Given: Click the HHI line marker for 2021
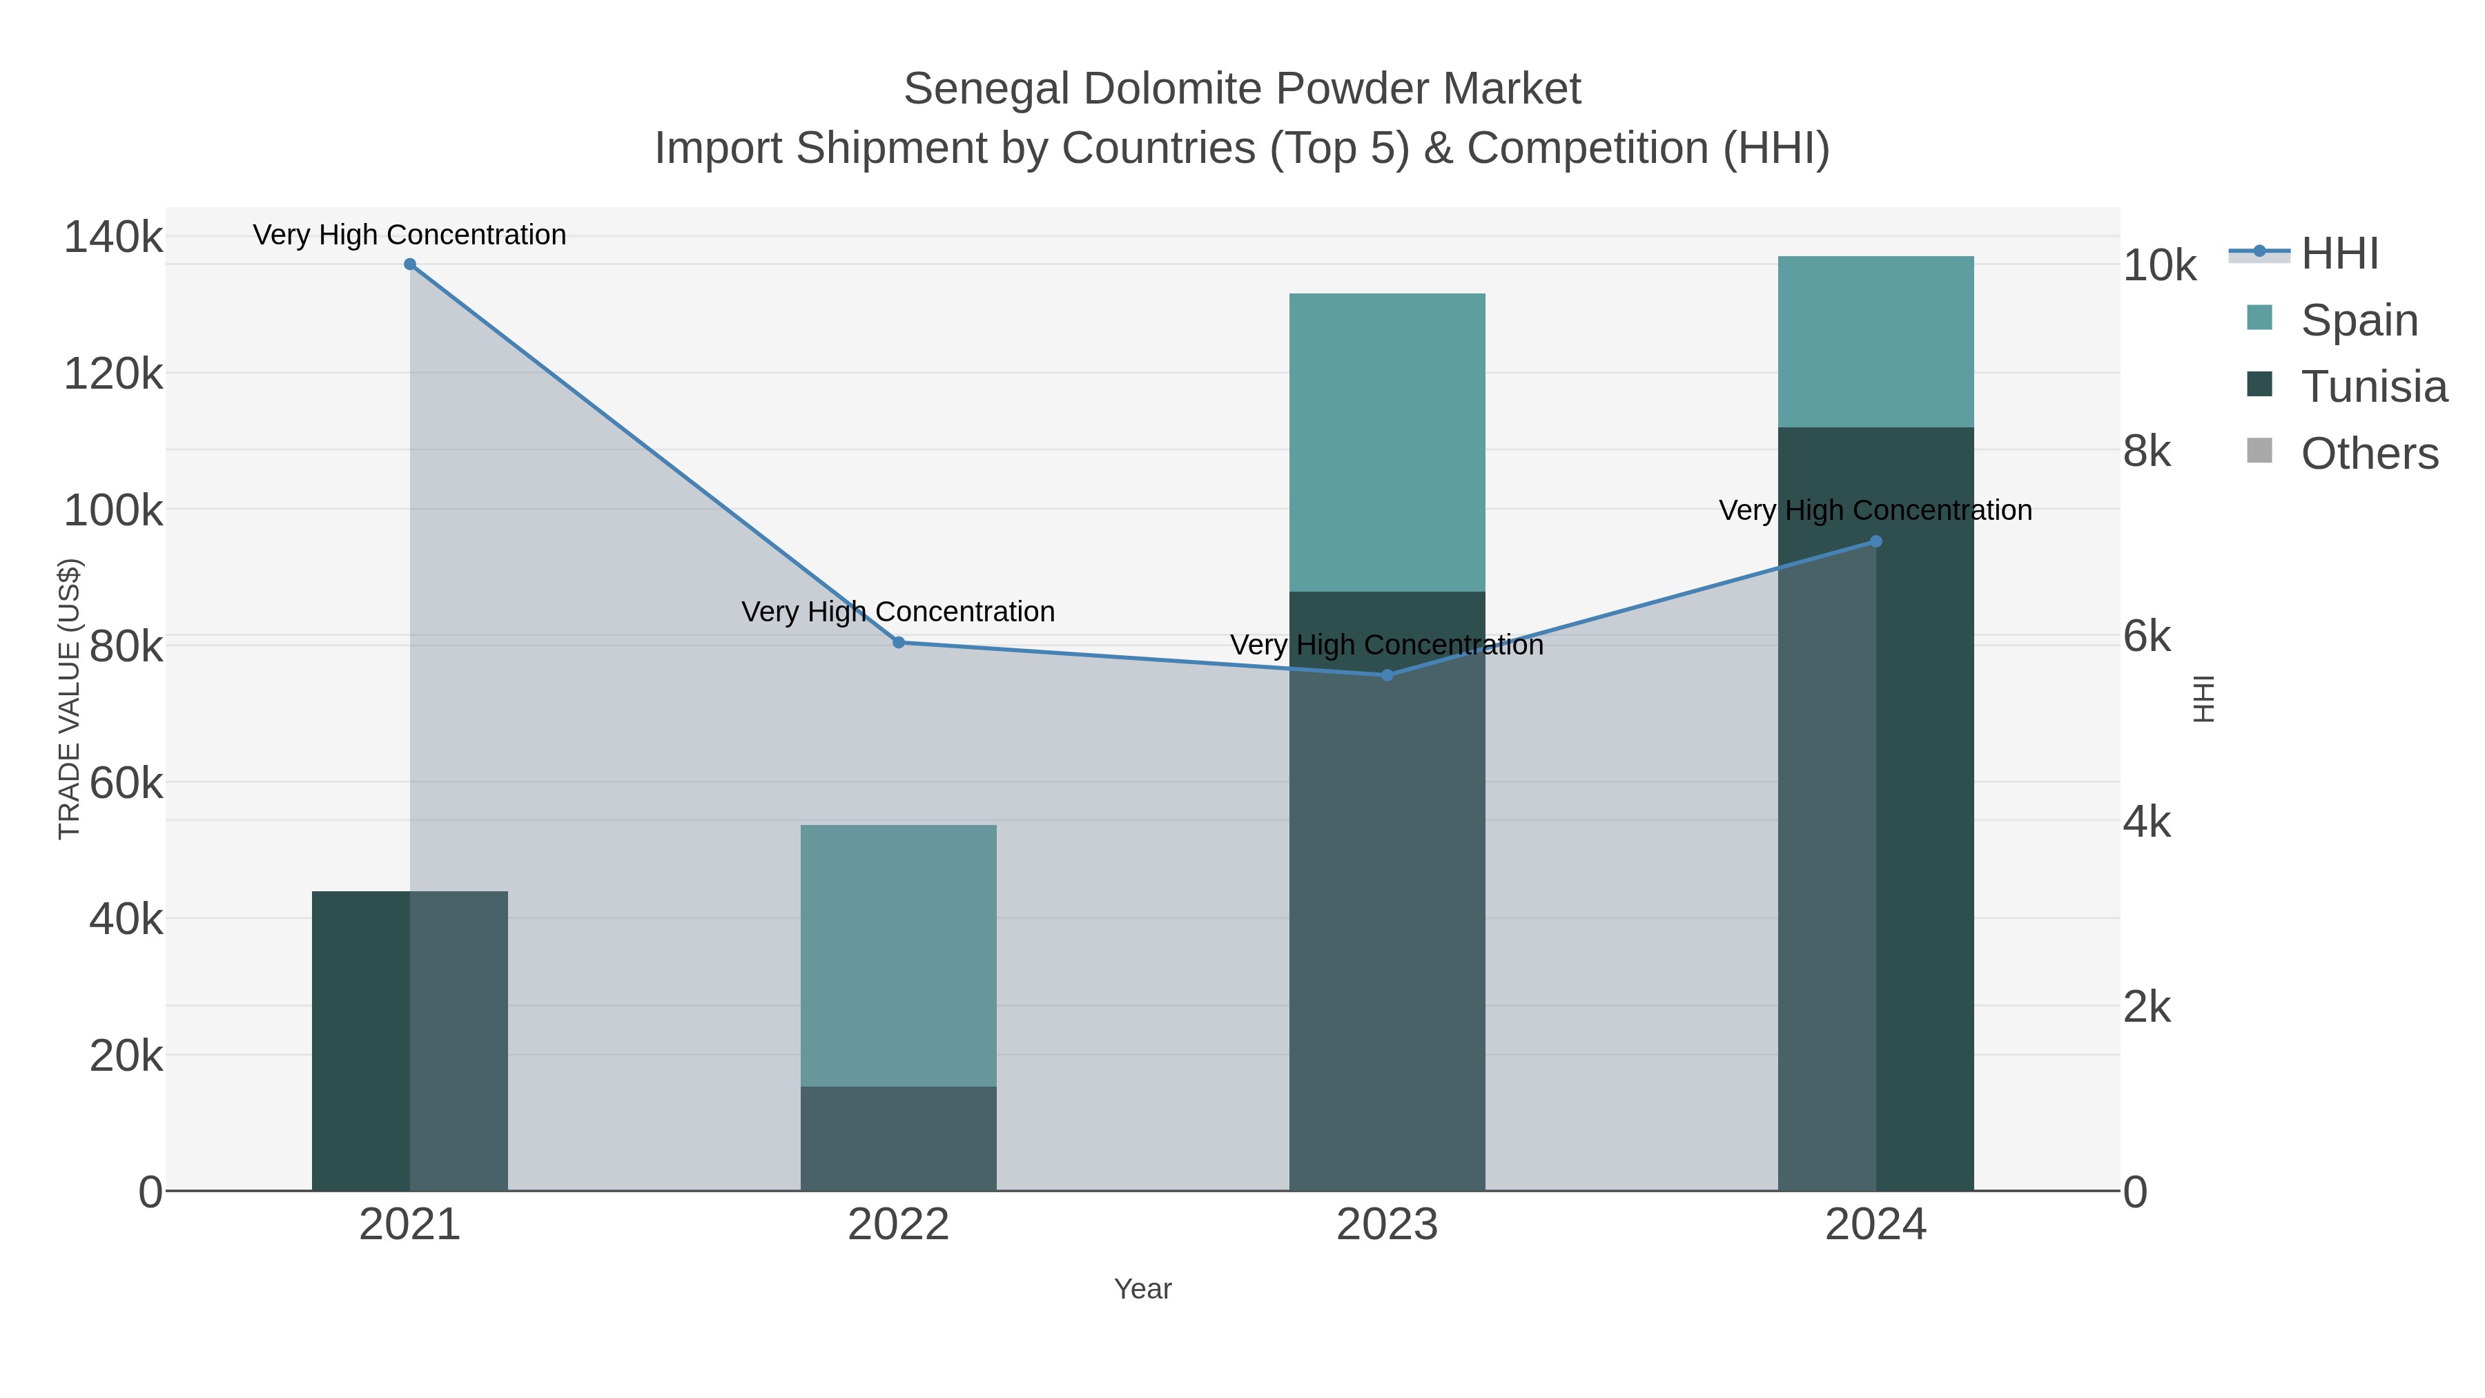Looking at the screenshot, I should click(410, 264).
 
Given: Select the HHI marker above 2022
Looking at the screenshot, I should click(898, 643).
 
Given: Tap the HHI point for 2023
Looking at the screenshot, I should click(1387, 675).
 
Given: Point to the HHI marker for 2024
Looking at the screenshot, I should click(1875, 542).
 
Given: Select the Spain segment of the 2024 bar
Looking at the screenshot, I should click(1875, 342).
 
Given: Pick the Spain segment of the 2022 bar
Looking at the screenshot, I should click(898, 955).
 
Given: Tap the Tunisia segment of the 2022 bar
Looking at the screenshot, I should click(898, 1138).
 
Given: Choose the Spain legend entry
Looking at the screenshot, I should click(2359, 320).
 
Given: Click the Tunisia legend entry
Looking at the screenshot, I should click(2373, 387).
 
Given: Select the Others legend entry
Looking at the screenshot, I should click(2368, 454).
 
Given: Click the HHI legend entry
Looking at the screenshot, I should click(2339, 254).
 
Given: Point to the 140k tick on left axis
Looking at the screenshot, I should click(113, 237).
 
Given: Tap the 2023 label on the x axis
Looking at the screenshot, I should click(1387, 1225).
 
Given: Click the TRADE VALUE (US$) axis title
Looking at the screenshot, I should click(70, 699).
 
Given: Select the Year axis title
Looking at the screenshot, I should click(1142, 1289).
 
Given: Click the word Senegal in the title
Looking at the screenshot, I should click(986, 89).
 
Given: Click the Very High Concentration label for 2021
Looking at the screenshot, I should click(410, 235).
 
